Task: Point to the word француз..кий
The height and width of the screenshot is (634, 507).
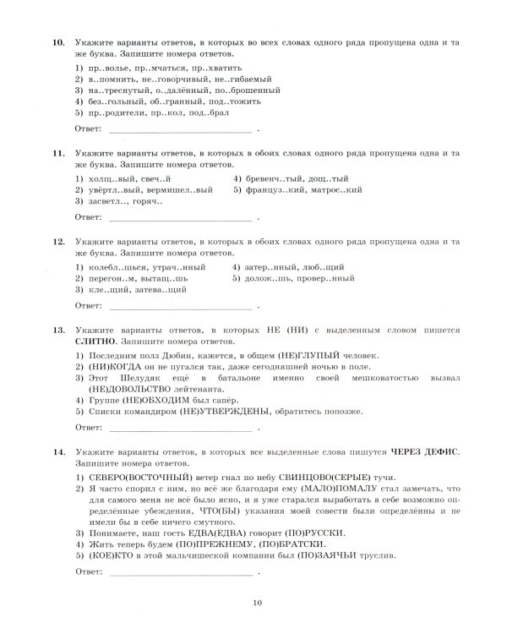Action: point(275,190)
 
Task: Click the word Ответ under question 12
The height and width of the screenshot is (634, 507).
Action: point(88,306)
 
